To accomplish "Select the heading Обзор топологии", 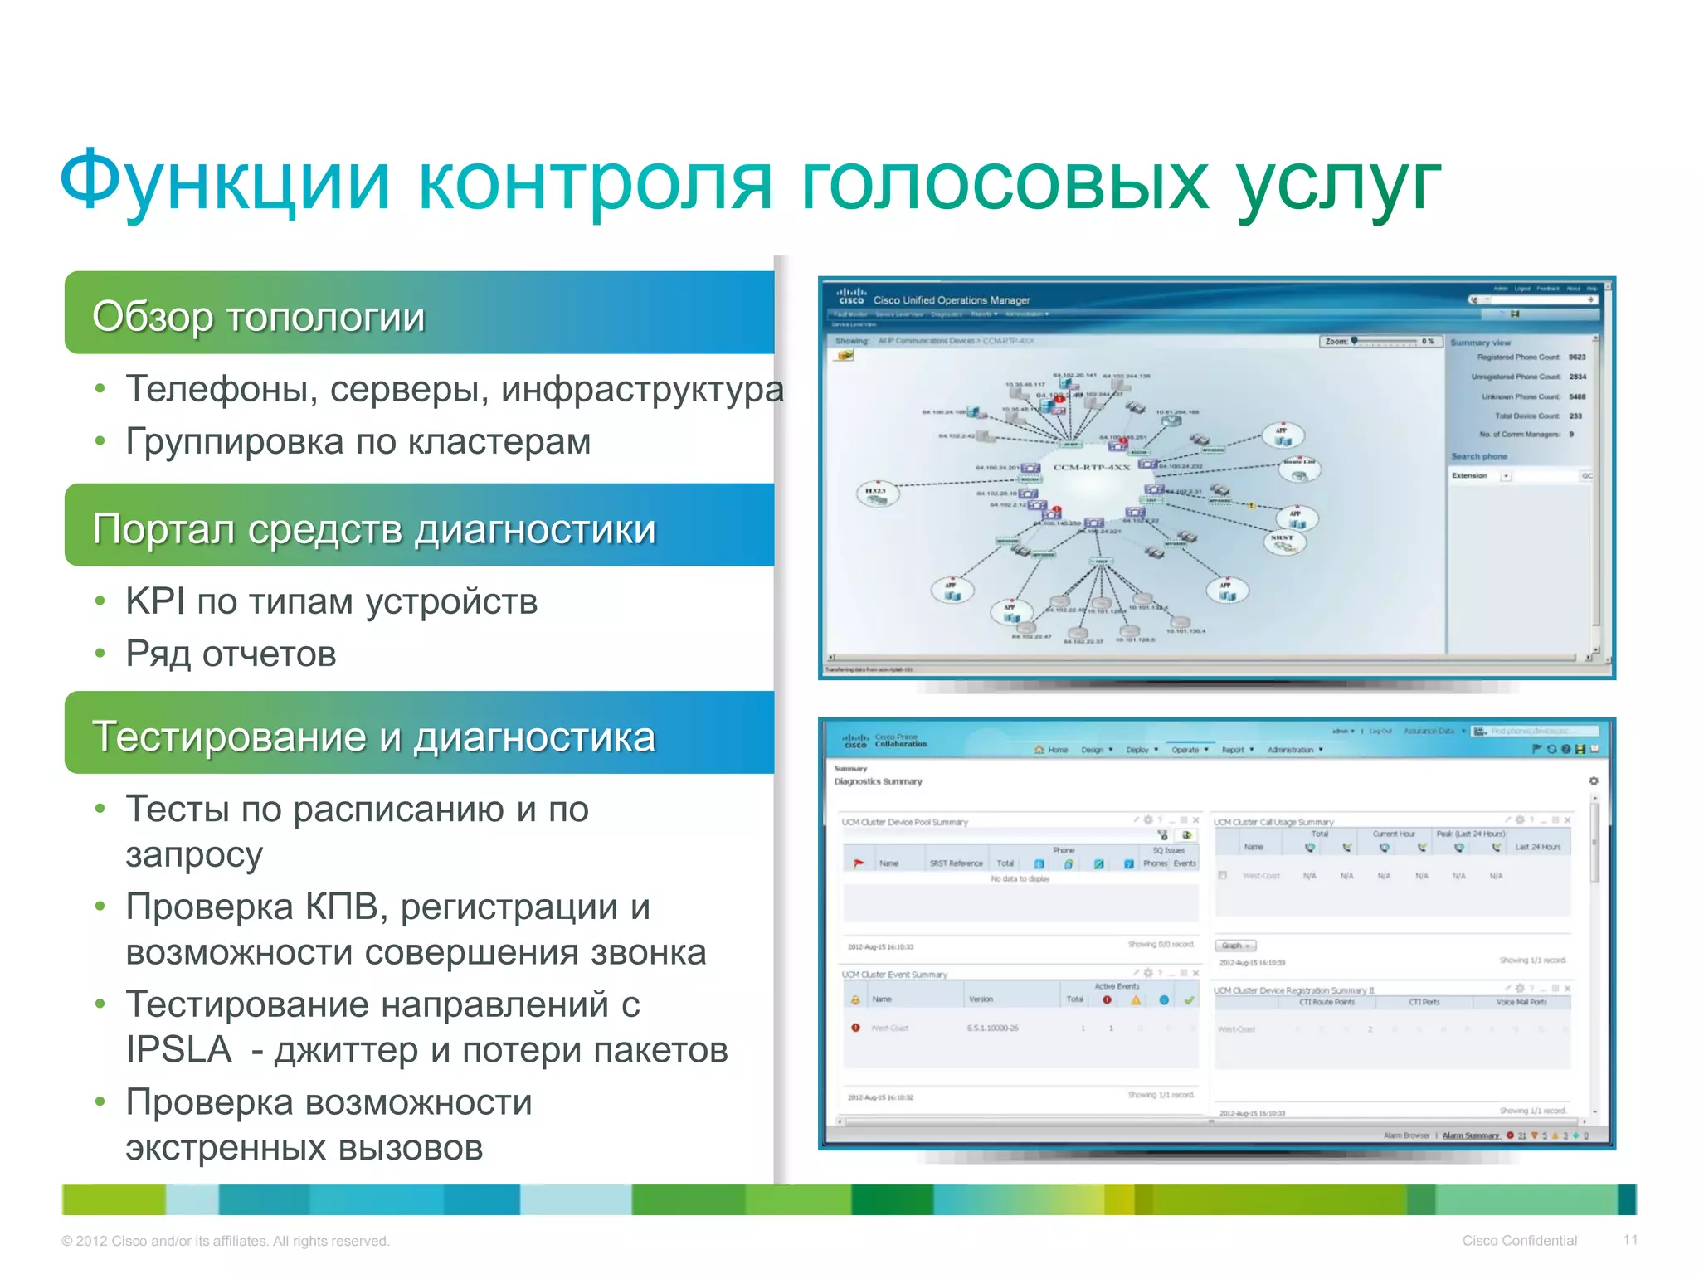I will click(258, 316).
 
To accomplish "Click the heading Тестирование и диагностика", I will click(373, 737).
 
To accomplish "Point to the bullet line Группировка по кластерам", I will click(358, 441).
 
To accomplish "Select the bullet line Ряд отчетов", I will click(231, 654).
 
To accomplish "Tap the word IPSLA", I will click(178, 1050).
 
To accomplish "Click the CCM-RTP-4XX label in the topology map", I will click(1091, 467).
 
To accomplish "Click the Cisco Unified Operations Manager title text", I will click(951, 300).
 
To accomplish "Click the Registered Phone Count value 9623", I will click(1576, 357).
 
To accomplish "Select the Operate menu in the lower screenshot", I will click(1187, 750).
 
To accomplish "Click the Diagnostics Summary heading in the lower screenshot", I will click(878, 781).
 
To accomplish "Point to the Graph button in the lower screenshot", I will click(1235, 946).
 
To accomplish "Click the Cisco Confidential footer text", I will click(1519, 1241).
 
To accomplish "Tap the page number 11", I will click(1630, 1240).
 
